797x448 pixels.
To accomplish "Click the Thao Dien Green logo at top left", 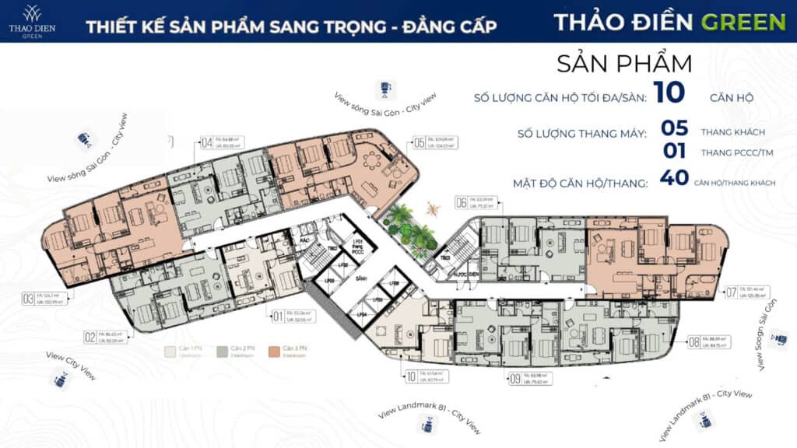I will pos(32,20).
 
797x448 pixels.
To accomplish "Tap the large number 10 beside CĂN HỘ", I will pos(669,92).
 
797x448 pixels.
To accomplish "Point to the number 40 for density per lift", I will pos(673,178).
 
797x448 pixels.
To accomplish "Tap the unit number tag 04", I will pos(207,143).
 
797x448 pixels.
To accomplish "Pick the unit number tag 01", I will pos(276,316).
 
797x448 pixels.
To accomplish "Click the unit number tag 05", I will pos(420,143).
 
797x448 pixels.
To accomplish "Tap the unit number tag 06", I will pos(462,204).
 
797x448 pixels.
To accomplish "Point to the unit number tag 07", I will pos(731,293).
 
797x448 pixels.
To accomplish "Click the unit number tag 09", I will pos(514,380).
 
